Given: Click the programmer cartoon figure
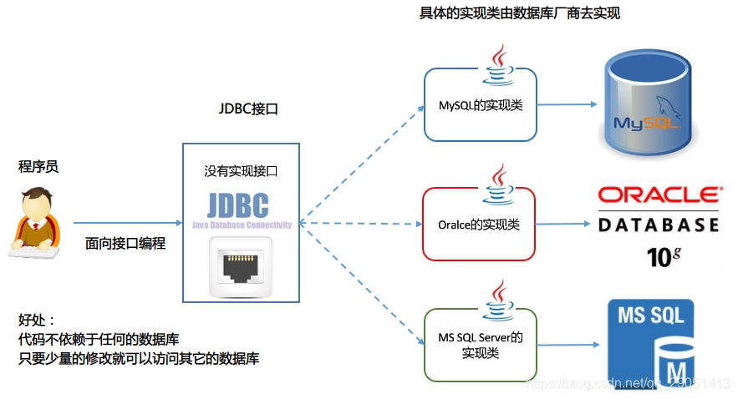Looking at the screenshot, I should (36, 222).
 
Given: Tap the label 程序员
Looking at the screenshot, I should (38, 167).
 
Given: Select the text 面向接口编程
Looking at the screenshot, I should (125, 243).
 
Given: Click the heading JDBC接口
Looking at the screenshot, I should (248, 109).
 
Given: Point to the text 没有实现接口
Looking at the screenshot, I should (241, 171).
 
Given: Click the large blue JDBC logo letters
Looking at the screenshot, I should (241, 204).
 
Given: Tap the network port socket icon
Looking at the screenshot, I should (241, 265).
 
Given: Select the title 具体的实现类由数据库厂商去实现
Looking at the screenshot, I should (519, 14).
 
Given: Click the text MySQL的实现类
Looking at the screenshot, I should (480, 106).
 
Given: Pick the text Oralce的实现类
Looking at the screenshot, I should (479, 225).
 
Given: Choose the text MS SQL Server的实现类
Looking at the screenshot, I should (481, 345).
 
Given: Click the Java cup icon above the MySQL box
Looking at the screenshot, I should (499, 64).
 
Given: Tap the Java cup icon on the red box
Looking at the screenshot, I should (499, 184).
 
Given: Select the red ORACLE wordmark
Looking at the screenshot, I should (659, 195).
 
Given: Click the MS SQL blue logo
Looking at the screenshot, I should (649, 343).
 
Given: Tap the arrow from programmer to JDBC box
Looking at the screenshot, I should (128, 223).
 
